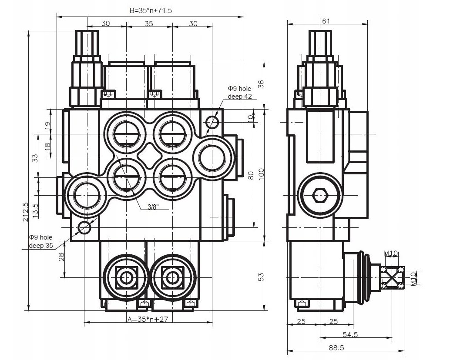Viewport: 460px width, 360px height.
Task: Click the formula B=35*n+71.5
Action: coord(151,10)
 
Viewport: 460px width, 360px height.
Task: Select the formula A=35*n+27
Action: coord(148,319)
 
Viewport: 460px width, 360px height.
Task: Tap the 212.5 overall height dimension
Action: coord(26,212)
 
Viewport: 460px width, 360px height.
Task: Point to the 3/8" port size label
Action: coord(153,207)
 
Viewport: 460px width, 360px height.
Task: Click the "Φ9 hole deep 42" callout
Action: coord(240,92)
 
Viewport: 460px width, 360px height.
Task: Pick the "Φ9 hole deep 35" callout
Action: coord(41,241)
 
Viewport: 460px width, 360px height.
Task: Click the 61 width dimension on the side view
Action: coord(326,21)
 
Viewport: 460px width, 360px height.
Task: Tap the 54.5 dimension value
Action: coord(350,334)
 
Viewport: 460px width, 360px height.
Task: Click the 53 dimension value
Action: coord(261,277)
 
